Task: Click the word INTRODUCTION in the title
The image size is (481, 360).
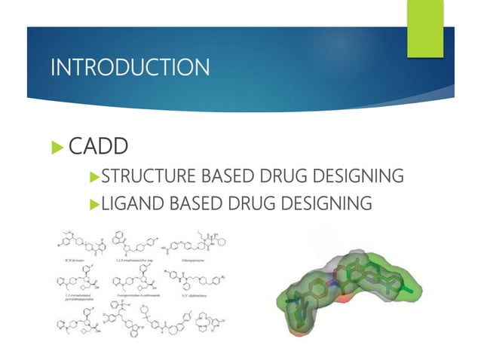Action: pos(130,68)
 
